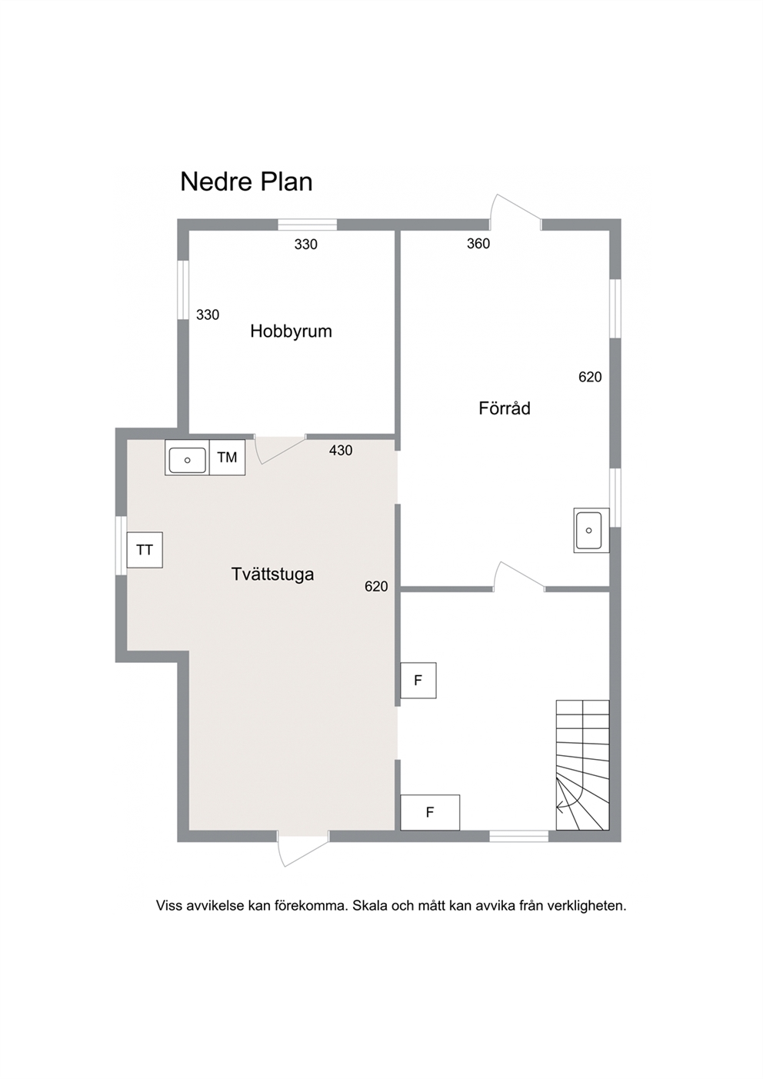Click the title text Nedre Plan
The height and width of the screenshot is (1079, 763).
[246, 182]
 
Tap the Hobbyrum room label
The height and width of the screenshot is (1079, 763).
[291, 331]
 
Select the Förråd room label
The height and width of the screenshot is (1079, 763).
[505, 408]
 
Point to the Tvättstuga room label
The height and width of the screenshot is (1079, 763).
[272, 574]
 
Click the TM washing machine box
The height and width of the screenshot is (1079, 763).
[228, 457]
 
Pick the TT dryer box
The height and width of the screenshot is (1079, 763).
[145, 550]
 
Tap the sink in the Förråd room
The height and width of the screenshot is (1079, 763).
[591, 530]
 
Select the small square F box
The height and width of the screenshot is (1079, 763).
[418, 680]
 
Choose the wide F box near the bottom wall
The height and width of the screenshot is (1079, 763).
[430, 812]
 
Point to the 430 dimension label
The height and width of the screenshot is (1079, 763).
[341, 451]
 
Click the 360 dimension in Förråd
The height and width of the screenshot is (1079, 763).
[478, 244]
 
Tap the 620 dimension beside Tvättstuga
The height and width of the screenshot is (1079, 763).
[376, 586]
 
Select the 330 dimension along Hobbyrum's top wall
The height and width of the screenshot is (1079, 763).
[306, 245]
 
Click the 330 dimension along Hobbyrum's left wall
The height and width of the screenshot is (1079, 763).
[208, 315]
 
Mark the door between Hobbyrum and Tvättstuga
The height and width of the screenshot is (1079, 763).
[280, 449]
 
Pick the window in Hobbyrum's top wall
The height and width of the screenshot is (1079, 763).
[308, 225]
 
